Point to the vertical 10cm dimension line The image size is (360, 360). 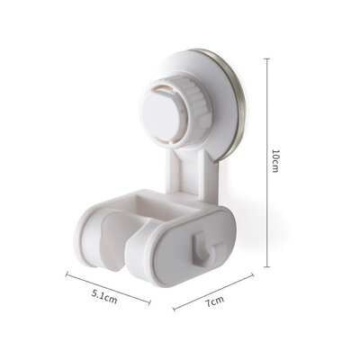(266, 162)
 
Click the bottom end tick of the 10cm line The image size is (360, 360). (266, 267)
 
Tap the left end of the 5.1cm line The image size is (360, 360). (66, 274)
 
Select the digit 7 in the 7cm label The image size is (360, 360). (206, 302)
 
